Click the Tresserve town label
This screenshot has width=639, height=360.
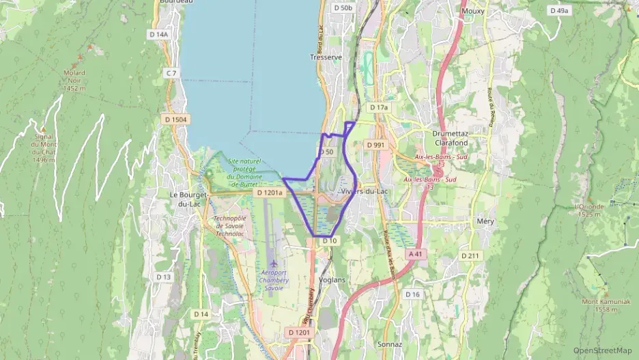pos(326,57)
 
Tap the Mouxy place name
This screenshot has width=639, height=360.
pos(472,11)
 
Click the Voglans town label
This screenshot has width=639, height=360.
pos(332,279)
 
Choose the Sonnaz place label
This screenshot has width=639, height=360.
pos(390,344)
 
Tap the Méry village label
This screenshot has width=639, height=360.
pos(485,221)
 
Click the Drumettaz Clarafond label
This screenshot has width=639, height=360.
pos(451,138)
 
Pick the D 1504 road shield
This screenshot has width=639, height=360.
pos(175,120)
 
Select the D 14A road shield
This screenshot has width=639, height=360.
pos(158,33)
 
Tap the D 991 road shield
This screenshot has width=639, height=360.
pos(375,145)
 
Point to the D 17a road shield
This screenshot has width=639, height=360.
pos(378,108)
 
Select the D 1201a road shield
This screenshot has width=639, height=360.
pos(268,194)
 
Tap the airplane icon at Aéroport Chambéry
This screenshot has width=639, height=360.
pos(274,263)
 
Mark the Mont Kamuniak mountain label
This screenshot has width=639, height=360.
pos(606,305)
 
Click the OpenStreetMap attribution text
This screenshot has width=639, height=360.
pos(603,350)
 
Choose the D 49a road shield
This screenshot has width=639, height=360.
pos(559,11)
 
